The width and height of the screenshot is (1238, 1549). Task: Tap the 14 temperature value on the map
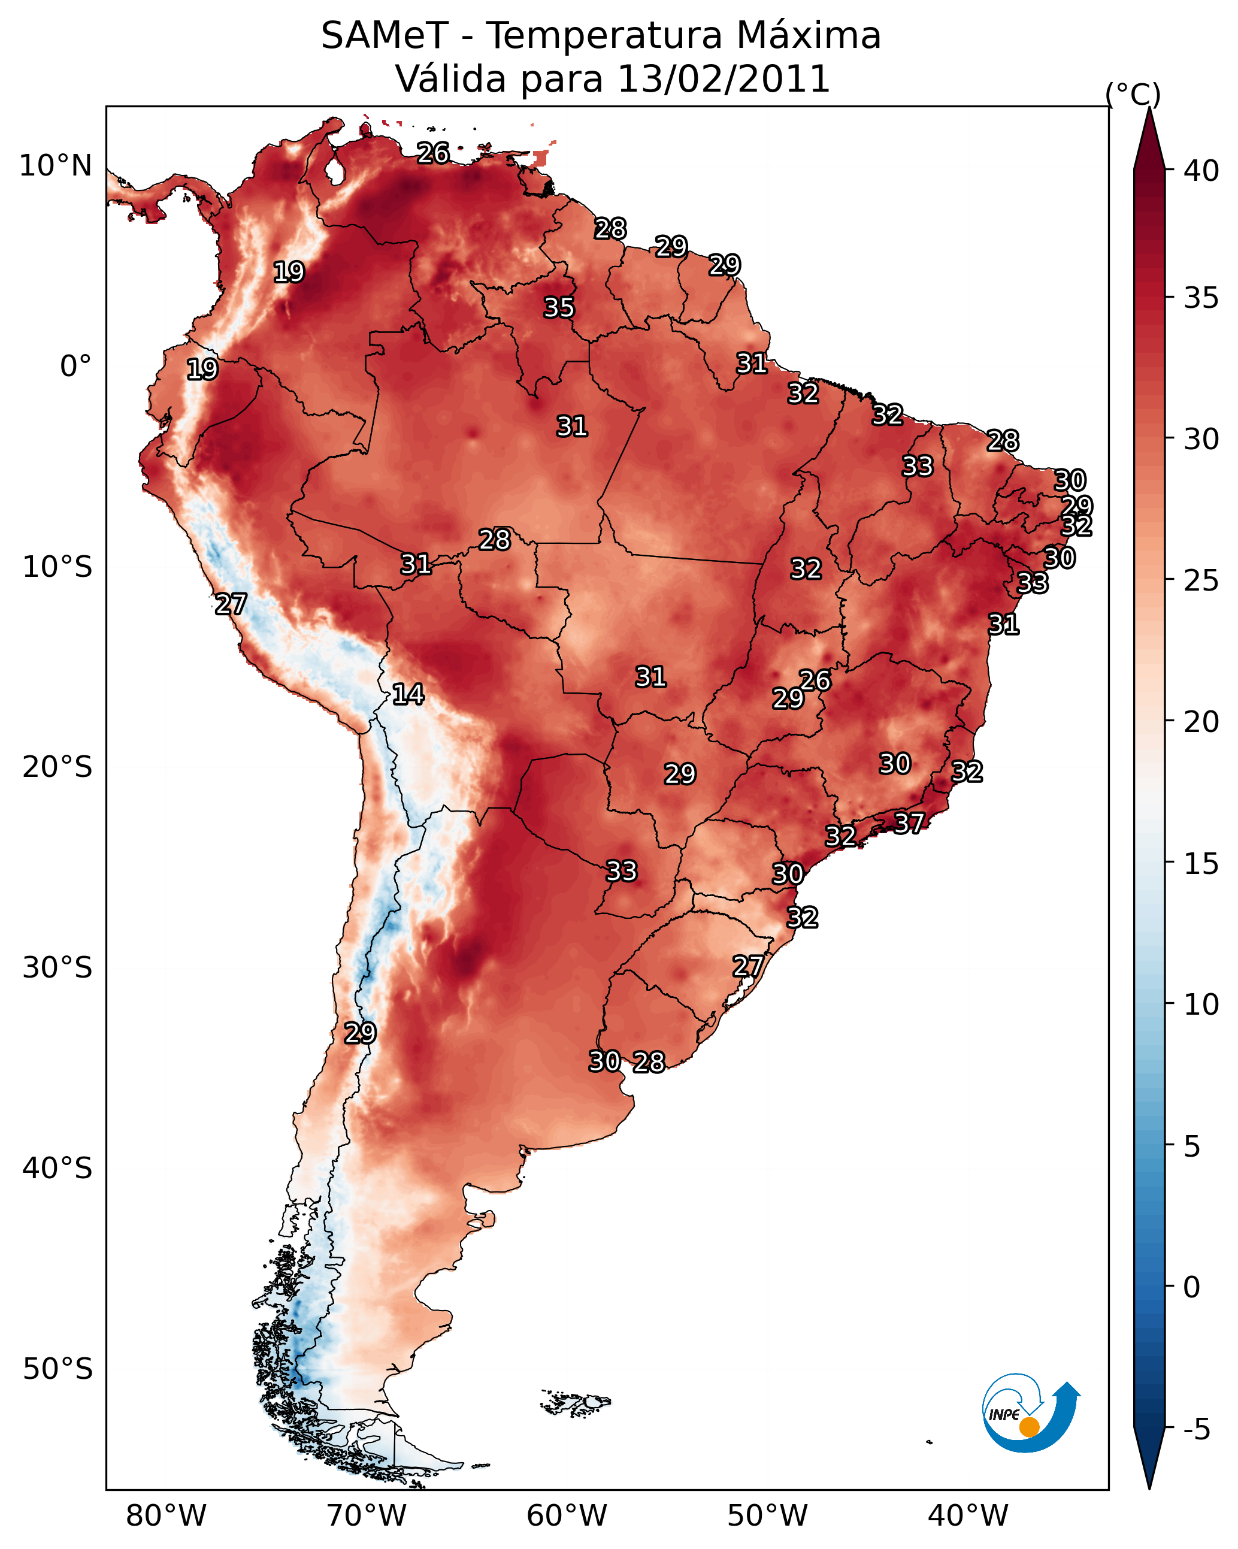click(408, 694)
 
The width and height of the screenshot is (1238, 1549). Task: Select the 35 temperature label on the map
click(559, 307)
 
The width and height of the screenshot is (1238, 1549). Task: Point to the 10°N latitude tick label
click(55, 166)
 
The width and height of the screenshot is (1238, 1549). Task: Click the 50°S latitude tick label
click(57, 1369)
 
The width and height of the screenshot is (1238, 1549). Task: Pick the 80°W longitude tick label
click(166, 1516)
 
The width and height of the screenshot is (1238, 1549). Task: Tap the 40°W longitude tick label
click(968, 1516)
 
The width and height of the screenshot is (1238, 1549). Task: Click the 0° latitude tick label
click(76, 367)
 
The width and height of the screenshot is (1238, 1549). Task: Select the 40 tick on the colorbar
click(1201, 171)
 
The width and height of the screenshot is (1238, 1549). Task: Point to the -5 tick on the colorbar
click(1196, 1430)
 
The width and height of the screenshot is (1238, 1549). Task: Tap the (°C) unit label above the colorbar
click(1133, 94)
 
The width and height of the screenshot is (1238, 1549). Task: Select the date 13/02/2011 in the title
click(724, 79)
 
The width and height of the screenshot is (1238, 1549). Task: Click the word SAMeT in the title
click(385, 36)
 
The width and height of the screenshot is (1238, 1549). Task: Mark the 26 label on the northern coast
click(433, 153)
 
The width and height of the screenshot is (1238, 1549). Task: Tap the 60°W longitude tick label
click(567, 1516)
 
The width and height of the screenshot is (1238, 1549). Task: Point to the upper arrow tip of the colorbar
click(1149, 108)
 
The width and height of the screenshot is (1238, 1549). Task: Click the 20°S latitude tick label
click(57, 767)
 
